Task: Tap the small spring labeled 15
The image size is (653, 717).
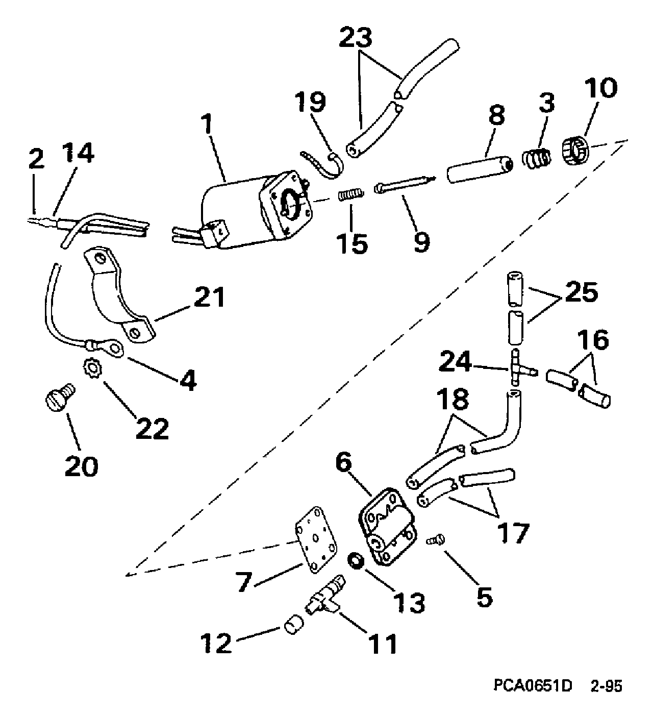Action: point(351,194)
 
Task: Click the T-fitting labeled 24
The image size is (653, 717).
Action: point(516,369)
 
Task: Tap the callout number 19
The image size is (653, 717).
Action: point(312,102)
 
